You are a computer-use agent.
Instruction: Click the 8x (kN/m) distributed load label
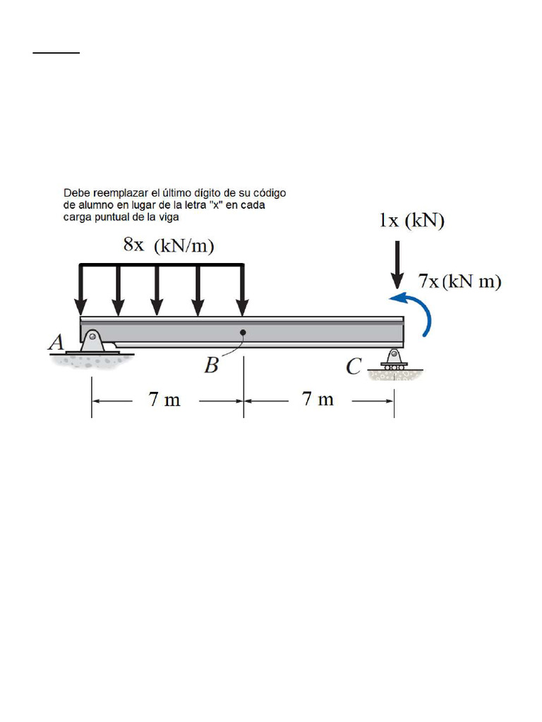169,245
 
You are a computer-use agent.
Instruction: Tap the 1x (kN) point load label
411,221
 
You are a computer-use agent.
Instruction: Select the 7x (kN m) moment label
459,281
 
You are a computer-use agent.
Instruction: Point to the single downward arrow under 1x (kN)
397,264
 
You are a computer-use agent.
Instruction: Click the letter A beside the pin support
56,343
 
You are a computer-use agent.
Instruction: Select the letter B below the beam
211,365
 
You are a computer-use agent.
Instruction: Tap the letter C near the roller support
354,366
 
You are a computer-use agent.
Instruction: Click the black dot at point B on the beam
242,331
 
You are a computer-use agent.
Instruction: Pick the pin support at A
92,343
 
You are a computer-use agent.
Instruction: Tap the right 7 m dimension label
318,400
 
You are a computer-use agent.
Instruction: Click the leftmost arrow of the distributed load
81,289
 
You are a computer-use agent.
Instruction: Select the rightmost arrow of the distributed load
242,289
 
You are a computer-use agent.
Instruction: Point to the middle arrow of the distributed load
157,289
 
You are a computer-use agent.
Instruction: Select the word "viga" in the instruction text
169,216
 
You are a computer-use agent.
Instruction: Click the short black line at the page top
56,52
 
